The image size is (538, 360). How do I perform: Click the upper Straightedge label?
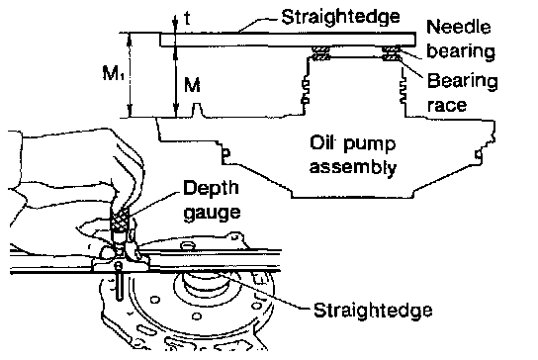coord(340,17)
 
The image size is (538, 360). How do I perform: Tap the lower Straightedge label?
coord(373,311)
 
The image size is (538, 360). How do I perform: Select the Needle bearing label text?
coord(461,39)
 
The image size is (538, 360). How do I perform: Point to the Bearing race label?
coord(462,93)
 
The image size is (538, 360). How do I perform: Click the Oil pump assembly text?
coord(353,155)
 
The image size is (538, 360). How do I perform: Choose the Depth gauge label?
coord(212,200)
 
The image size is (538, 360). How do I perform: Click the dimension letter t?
coord(187,19)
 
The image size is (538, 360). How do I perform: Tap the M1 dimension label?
coord(113,74)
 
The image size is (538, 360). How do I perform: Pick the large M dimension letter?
coord(192,85)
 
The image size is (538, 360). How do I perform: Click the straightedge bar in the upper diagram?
coord(288,40)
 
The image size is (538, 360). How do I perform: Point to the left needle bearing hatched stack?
coord(321,53)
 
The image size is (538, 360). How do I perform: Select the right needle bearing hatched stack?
coord(392,53)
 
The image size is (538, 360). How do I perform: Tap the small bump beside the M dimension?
coord(196,110)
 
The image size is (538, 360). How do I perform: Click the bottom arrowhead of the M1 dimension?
coord(130,112)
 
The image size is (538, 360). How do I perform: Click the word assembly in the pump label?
coord(353,167)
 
